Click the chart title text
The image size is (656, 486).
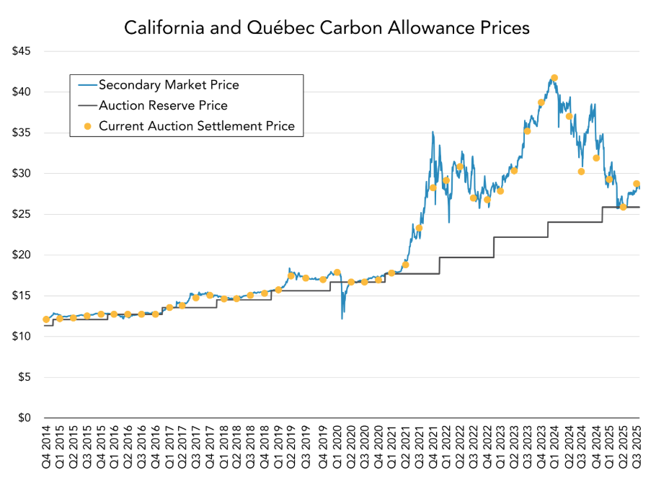[327, 28]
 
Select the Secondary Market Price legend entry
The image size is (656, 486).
[169, 85]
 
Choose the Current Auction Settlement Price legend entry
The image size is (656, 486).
[196, 126]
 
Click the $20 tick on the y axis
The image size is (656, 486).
[23, 255]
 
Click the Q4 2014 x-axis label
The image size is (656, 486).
[46, 448]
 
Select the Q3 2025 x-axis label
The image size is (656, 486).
[637, 448]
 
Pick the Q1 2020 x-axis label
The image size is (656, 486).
[337, 448]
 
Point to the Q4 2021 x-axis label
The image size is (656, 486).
[433, 448]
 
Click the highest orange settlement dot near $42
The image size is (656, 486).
[554, 78]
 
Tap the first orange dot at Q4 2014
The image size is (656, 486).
[46, 319]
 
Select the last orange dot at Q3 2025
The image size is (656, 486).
[637, 184]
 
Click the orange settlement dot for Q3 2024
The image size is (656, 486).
[581, 172]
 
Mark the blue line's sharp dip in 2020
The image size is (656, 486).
[342, 317]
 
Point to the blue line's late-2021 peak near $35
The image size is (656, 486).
[433, 132]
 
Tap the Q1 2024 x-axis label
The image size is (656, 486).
[554, 448]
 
